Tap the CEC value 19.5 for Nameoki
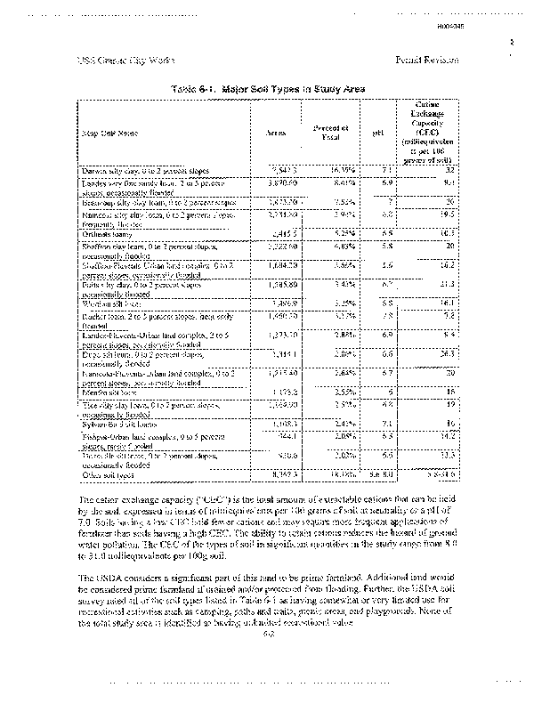[x=447, y=214]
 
